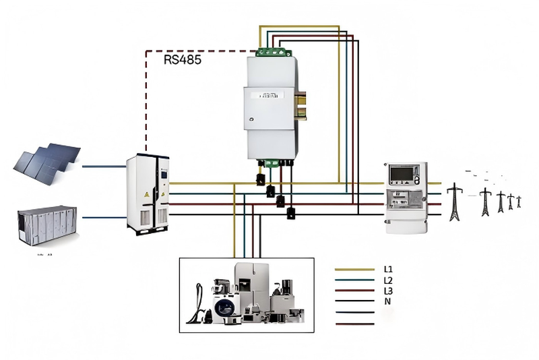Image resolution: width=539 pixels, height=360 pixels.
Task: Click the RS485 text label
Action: tap(183, 59)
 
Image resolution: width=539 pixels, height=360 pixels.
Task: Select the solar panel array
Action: tap(48, 160)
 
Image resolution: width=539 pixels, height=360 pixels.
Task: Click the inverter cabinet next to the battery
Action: tap(148, 193)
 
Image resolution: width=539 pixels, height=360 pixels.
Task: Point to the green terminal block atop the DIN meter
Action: tap(273, 52)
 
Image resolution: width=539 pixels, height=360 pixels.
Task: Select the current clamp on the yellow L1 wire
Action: tap(260, 179)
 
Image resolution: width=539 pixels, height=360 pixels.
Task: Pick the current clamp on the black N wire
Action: tap(290, 213)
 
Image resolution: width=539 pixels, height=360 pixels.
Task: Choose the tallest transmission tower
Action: tap(455, 202)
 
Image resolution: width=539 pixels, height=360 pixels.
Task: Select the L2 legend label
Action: tap(388, 280)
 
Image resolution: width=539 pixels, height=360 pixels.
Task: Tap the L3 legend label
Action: tap(388, 291)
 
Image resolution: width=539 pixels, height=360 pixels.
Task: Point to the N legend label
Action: tap(387, 301)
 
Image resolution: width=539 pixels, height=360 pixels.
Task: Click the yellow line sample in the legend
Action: tap(354, 269)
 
